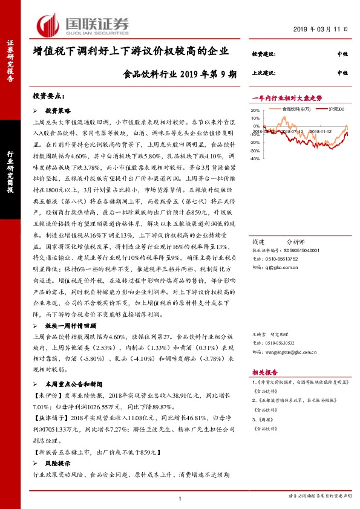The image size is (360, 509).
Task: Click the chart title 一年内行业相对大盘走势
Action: (287, 97)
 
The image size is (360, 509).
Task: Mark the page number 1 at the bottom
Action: (181, 498)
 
